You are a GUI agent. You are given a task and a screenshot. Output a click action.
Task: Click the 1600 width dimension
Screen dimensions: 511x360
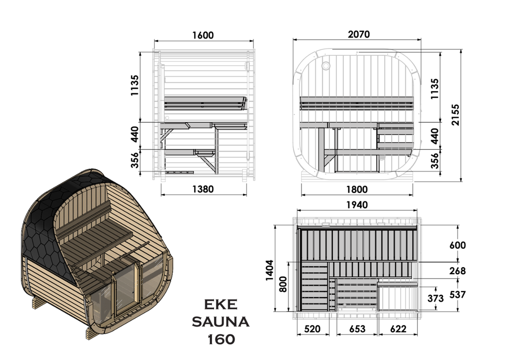(203, 35)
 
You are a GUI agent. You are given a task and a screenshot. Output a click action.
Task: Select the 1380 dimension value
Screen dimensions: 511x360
(203, 189)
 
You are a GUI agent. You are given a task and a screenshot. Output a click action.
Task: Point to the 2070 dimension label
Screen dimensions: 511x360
(359, 34)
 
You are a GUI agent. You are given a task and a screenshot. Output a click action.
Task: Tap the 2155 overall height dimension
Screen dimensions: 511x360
(455, 115)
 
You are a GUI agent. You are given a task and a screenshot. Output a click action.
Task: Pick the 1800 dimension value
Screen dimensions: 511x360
(357, 189)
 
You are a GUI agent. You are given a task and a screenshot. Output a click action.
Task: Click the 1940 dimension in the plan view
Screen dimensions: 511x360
(357, 205)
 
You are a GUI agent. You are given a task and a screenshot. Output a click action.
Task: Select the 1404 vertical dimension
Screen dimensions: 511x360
(269, 270)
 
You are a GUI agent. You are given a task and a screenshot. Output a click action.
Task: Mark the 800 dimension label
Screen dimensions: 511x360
(283, 284)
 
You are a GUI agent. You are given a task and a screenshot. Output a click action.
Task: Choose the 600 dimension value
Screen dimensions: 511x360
(458, 245)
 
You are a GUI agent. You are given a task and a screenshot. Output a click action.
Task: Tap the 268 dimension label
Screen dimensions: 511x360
(458, 271)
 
